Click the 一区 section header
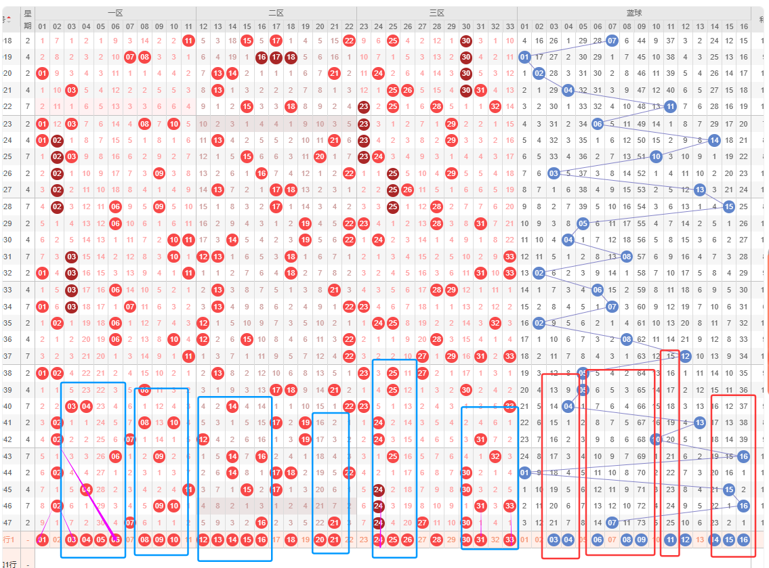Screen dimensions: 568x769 click(115, 13)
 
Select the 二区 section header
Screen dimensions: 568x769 click(276, 13)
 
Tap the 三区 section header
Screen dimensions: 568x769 click(436, 13)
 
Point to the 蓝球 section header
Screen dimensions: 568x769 click(634, 13)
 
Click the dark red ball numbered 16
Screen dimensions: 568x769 click(262, 57)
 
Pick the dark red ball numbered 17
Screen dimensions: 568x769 click(276, 57)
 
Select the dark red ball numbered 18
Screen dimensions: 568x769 click(291, 57)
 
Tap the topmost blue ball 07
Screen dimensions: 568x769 click(612, 41)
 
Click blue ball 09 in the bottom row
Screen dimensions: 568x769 click(641, 540)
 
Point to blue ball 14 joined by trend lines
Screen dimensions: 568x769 click(714, 140)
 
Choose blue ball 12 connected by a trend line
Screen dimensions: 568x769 click(685, 356)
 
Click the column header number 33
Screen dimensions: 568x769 click(510, 26)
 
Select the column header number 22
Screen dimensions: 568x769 click(349, 26)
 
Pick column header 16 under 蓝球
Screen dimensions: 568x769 click(743, 26)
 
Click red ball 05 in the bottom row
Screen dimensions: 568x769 click(100, 540)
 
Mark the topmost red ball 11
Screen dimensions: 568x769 click(188, 41)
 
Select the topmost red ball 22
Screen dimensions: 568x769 click(349, 41)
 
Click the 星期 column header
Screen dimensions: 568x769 click(28, 20)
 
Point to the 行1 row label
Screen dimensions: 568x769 click(9, 540)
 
